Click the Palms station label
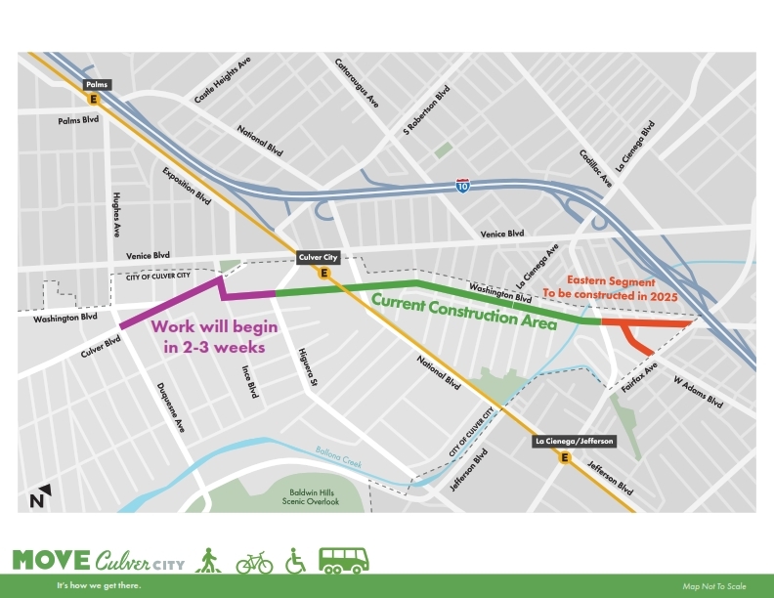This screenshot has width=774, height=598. point(95,85)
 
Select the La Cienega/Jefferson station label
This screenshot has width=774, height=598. point(574,442)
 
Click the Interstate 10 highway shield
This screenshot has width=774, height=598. point(462,185)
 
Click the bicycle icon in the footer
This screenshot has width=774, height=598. point(254,562)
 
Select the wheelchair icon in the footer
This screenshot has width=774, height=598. point(295,562)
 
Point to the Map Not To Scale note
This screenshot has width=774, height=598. point(714,586)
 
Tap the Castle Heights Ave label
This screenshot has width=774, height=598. point(222,80)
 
